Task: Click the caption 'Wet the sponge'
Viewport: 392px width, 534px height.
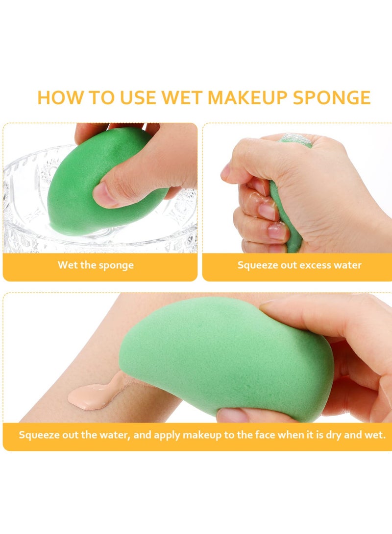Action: point(96,265)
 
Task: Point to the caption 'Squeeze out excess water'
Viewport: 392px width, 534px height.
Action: point(299,265)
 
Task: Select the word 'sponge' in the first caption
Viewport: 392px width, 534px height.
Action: point(117,265)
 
